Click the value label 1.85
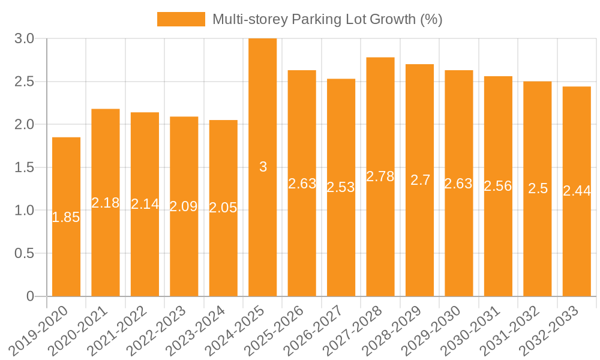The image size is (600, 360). pos(66,218)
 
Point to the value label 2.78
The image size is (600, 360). pos(380,176)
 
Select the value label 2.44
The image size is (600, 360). pos(577,191)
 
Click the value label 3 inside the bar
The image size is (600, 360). pos(263,167)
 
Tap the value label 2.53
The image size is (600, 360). pos(341,187)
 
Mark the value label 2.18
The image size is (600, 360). pos(106,203)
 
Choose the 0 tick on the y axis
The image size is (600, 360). pos(31,296)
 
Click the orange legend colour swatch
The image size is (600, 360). pos(181,19)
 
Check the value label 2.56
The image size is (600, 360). pos(498,186)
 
